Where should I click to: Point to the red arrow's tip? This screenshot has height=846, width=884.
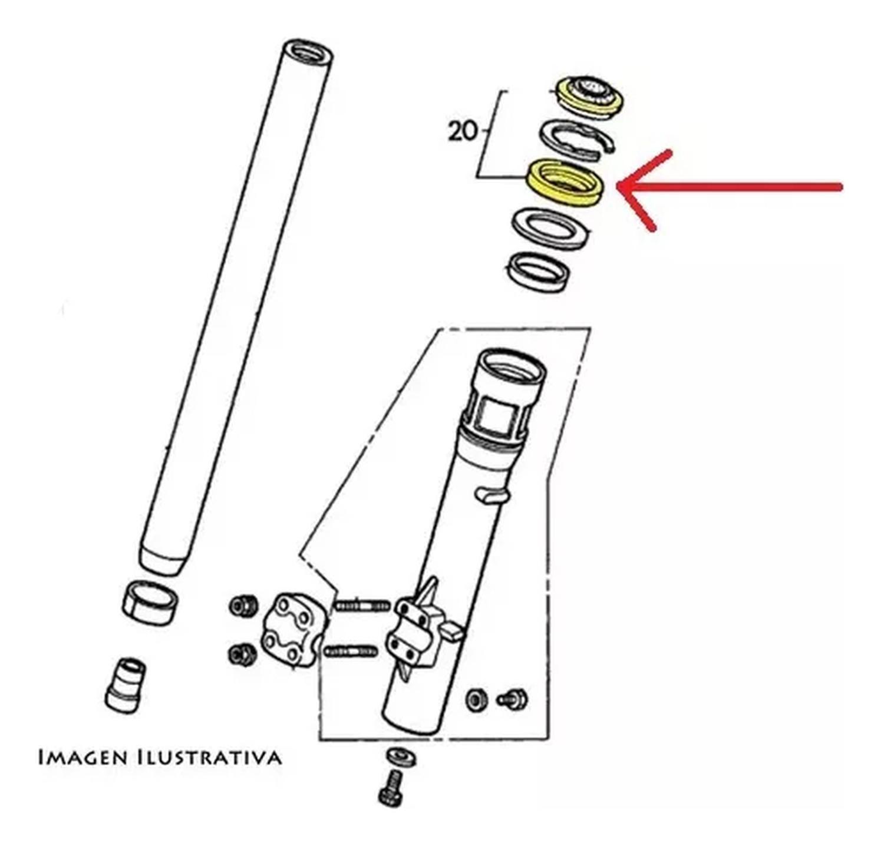coord(620,187)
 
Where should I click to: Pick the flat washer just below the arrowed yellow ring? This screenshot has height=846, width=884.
coord(550,229)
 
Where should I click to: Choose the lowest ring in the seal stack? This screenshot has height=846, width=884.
coord(539,272)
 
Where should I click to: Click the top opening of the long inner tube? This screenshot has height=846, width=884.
coord(308,52)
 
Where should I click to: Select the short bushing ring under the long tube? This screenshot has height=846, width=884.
coord(150,602)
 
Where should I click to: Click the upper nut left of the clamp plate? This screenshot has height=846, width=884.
coord(243,606)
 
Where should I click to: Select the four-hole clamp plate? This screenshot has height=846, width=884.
coord(292,628)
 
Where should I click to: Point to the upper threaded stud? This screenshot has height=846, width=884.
coord(362,605)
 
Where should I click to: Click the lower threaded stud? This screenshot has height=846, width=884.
coord(351,652)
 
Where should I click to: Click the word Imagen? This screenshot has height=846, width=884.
coord(83,757)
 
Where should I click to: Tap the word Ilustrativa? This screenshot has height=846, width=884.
coord(209,757)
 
